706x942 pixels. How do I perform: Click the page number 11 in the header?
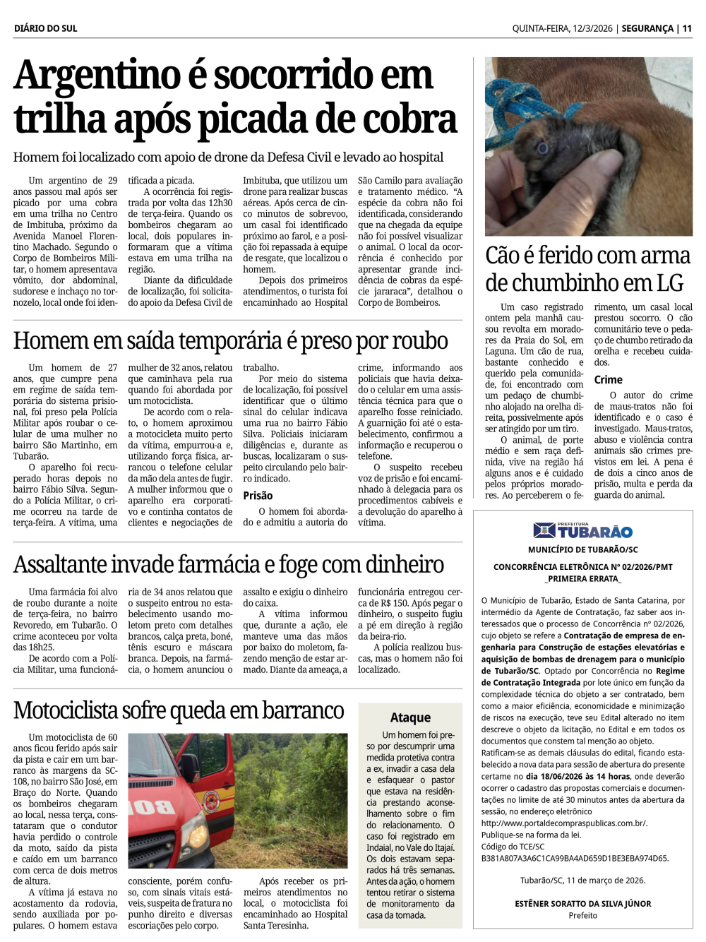(x=687, y=28)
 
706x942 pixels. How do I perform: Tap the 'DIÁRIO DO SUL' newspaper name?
(x=45, y=28)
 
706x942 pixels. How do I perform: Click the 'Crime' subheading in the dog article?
(x=608, y=380)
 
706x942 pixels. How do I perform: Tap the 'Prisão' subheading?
(x=258, y=496)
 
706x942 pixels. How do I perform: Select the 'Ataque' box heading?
(x=410, y=717)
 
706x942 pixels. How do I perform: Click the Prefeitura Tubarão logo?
(x=582, y=530)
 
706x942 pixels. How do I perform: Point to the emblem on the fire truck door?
(x=210, y=801)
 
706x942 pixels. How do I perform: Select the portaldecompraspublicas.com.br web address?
(x=563, y=823)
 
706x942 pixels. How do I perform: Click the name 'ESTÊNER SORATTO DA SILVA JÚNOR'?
(x=582, y=903)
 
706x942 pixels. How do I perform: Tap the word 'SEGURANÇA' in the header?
(x=647, y=28)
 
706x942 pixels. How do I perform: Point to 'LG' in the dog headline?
(x=669, y=283)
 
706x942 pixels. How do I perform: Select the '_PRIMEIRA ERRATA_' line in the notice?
(x=582, y=578)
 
